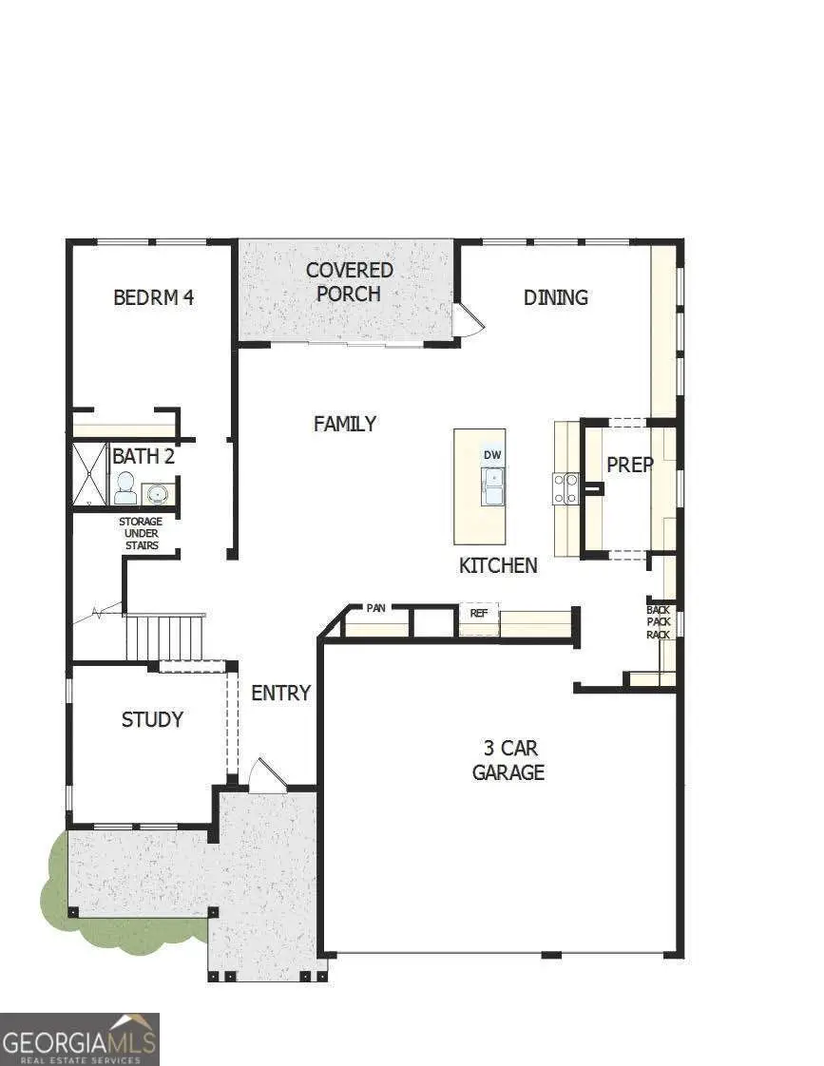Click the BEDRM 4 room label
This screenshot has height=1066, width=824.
153,297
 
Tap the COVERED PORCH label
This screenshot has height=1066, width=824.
349,282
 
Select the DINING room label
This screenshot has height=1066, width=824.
556,297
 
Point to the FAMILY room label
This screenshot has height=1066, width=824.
345,424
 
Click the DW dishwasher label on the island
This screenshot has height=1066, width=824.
492,455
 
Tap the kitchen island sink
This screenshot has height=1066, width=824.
492,488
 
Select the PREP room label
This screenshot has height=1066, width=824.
629,465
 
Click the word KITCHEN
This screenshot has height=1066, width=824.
498,565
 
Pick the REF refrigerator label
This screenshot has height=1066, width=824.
479,614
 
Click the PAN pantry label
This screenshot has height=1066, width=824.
376,608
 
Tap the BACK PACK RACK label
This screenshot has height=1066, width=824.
658,622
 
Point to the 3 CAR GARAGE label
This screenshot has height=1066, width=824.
508,760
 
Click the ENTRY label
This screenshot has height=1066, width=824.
280,694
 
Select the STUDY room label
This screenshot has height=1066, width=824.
152,719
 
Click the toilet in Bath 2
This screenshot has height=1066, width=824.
125,488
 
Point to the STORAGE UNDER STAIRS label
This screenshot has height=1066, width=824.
141,534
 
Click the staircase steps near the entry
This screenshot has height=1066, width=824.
165,638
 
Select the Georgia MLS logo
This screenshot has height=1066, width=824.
80,1038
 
